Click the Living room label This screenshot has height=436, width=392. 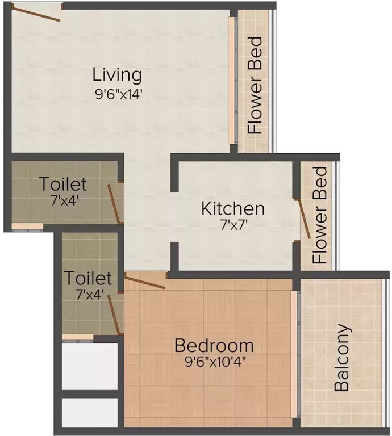[x=117, y=75]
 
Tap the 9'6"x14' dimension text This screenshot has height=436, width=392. [x=118, y=94]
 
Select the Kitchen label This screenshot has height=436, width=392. [x=233, y=208]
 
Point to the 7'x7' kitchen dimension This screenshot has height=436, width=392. [x=233, y=225]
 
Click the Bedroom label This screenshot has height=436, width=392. [x=214, y=345]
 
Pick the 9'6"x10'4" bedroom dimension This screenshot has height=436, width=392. [x=214, y=362]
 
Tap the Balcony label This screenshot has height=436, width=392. [x=341, y=358]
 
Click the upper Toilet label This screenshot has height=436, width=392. [x=63, y=184]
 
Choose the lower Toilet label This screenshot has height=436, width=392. [x=87, y=278]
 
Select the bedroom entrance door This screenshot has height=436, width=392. [x=145, y=281]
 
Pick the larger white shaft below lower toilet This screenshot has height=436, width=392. [x=90, y=366]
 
